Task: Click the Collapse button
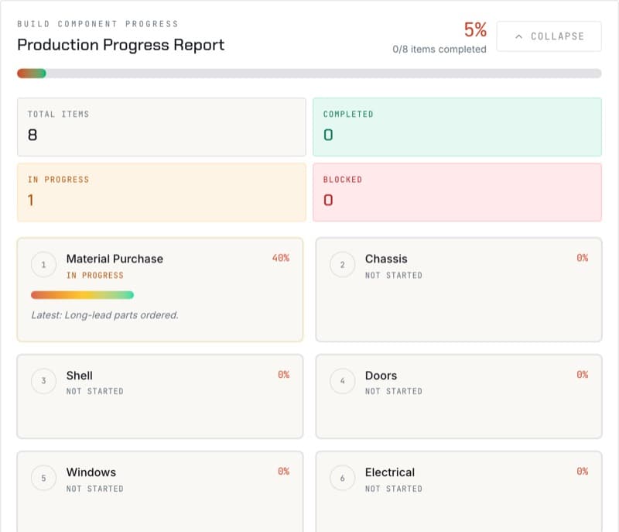pyautogui.click(x=549, y=36)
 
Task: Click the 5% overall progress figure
pyautogui.click(x=475, y=30)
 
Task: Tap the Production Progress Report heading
pyautogui.click(x=121, y=45)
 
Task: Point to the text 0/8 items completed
pyautogui.click(x=439, y=50)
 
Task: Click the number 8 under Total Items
pyautogui.click(x=32, y=135)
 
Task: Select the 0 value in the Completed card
pyautogui.click(x=328, y=135)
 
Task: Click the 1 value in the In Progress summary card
pyautogui.click(x=31, y=201)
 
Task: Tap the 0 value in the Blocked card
pyautogui.click(x=328, y=201)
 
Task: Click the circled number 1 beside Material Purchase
pyautogui.click(x=43, y=265)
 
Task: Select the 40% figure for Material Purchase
pyautogui.click(x=281, y=258)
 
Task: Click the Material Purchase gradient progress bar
pyautogui.click(x=82, y=295)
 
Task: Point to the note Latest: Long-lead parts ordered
pyautogui.click(x=104, y=315)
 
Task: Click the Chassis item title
pyautogui.click(x=386, y=259)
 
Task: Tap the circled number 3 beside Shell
pyautogui.click(x=43, y=381)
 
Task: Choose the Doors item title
pyautogui.click(x=381, y=376)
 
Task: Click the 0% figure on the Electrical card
pyautogui.click(x=583, y=471)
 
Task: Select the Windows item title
pyautogui.click(x=91, y=472)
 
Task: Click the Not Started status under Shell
pyautogui.click(x=94, y=391)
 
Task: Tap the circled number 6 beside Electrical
pyautogui.click(x=342, y=478)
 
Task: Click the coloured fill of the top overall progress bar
pyautogui.click(x=32, y=74)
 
